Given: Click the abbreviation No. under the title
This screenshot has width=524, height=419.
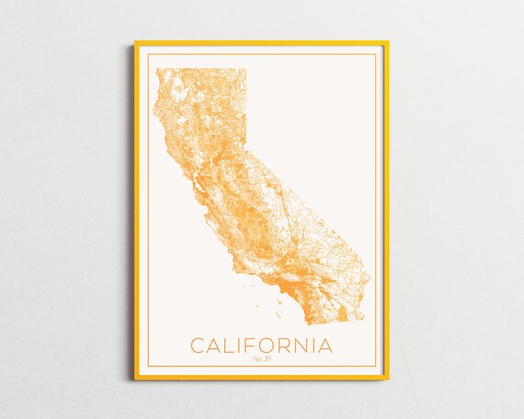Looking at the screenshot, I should click(x=256, y=359).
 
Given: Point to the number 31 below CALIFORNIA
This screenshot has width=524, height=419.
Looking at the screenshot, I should click(x=267, y=359).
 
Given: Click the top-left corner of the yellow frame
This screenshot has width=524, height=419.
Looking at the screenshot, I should click(x=135, y=42).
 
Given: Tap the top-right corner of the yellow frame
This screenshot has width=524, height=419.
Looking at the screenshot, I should click(x=388, y=42).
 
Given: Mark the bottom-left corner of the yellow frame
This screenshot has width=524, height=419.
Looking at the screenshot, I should click(x=135, y=378).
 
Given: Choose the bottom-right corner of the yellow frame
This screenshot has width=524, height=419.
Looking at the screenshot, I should click(x=388, y=378).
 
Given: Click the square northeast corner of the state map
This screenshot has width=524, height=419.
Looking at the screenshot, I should click(x=246, y=69).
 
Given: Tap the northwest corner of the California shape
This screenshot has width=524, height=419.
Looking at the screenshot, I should click(x=156, y=69).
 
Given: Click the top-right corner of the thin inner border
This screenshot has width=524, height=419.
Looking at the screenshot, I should click(x=377, y=54).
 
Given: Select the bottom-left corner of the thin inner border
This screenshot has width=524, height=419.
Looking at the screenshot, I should click(x=146, y=367).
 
